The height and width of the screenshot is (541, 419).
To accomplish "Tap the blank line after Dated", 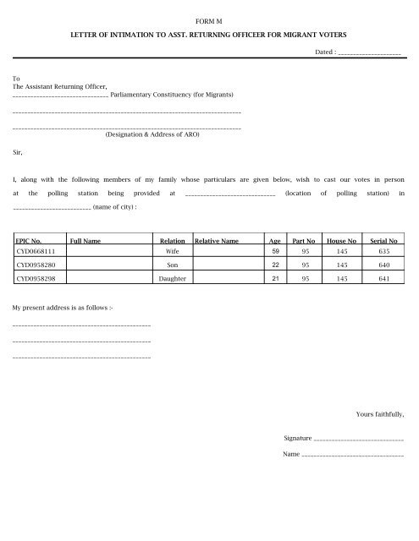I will click(x=368, y=53).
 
